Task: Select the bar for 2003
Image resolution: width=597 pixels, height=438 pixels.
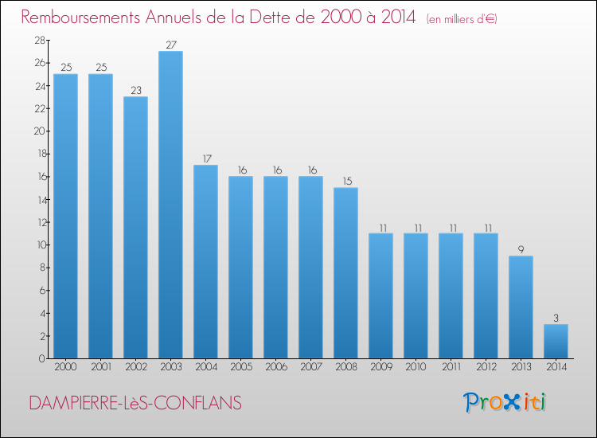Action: (x=170, y=205)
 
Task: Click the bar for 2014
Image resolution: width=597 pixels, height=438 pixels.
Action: (x=556, y=341)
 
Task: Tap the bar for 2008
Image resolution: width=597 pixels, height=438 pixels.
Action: (x=345, y=272)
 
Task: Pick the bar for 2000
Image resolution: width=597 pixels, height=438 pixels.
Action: (x=65, y=216)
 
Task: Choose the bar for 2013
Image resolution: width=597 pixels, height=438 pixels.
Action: (x=521, y=307)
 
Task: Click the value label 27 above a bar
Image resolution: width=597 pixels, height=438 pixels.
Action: (x=170, y=45)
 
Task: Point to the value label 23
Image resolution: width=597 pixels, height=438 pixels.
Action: (x=135, y=90)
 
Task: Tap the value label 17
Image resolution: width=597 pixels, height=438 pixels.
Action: (x=205, y=158)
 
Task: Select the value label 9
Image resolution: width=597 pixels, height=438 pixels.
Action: (x=521, y=249)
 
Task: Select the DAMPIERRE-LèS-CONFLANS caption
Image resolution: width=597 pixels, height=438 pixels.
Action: (x=135, y=404)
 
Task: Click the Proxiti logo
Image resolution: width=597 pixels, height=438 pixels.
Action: (x=505, y=402)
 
